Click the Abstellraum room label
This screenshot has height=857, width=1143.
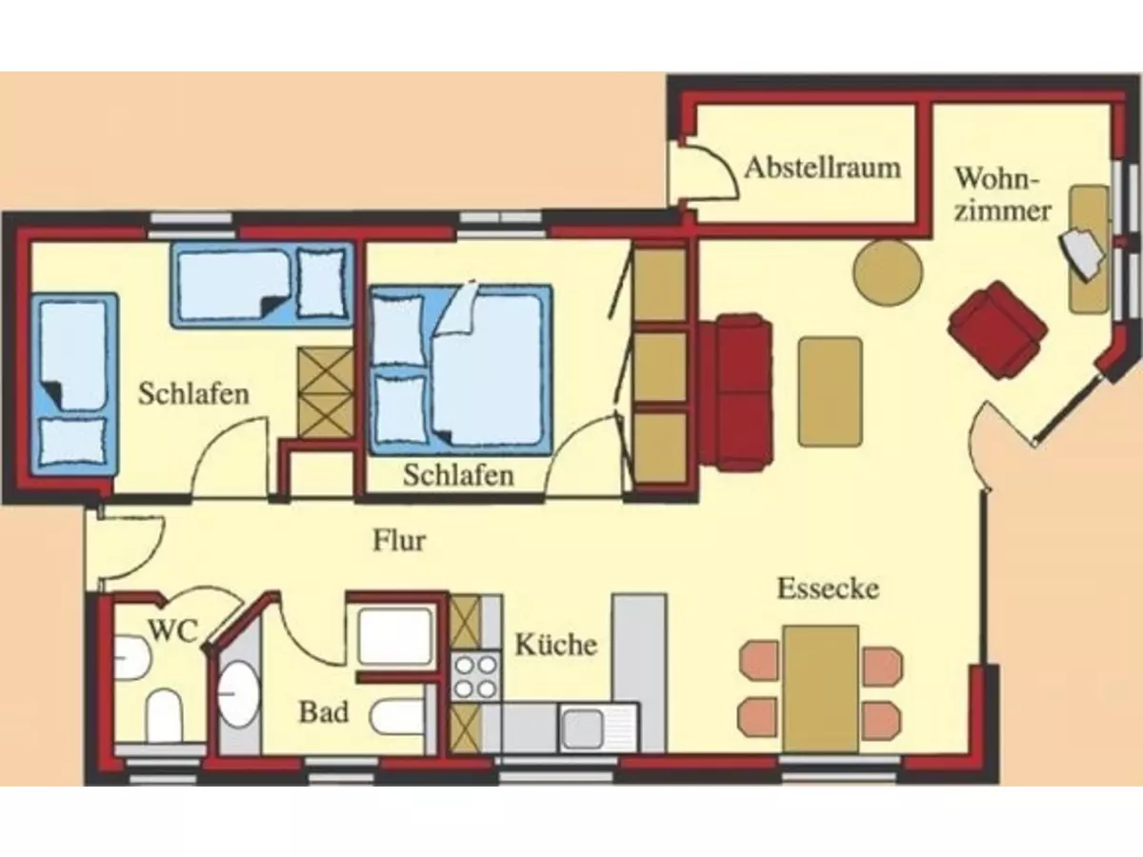[822, 169]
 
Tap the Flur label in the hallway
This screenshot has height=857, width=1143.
[398, 541]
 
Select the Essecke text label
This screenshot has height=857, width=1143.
[827, 588]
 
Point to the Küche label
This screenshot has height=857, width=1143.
[556, 645]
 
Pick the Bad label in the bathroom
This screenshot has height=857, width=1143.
[323, 711]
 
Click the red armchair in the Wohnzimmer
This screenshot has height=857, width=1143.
[997, 329]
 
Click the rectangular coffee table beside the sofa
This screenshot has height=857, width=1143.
[830, 390]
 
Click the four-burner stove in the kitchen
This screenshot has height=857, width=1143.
[475, 676]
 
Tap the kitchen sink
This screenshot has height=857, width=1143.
[581, 728]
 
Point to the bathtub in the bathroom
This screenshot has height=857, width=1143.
[394, 636]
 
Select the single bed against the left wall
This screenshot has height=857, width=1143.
[74, 386]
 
